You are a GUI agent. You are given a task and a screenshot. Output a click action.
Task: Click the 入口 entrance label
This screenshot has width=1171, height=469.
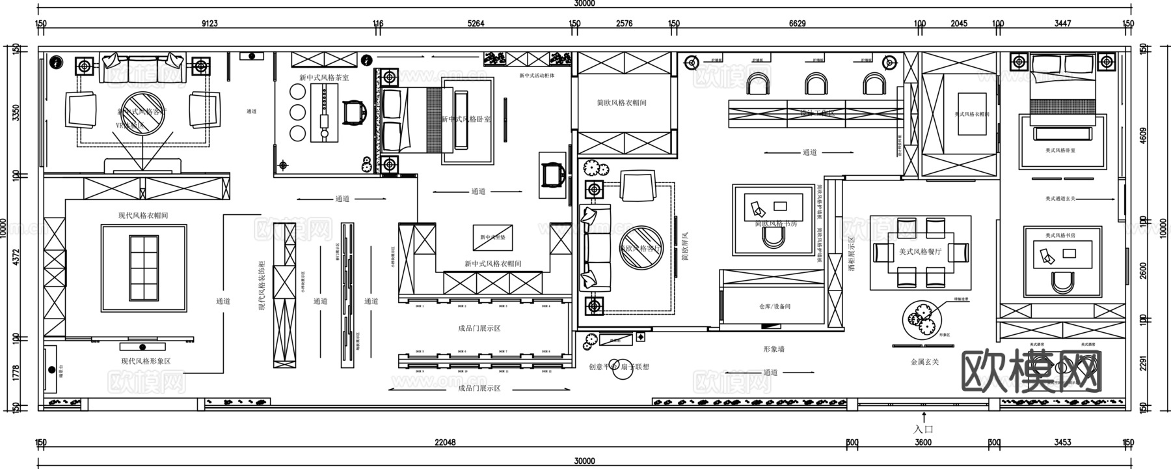[x=923, y=429]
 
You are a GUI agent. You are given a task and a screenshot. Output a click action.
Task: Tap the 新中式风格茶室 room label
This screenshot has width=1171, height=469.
[x=324, y=78]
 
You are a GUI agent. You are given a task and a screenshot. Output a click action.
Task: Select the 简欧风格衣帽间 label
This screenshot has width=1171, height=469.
[x=621, y=103]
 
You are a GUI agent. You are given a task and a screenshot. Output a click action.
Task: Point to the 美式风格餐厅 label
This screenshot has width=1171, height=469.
[x=920, y=252]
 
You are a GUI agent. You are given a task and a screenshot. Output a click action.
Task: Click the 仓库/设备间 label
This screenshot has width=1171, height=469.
[x=774, y=306]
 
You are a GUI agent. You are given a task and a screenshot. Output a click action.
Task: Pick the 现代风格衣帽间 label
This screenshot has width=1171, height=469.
[x=143, y=216]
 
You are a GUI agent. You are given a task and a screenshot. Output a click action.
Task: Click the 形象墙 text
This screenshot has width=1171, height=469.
[x=774, y=349]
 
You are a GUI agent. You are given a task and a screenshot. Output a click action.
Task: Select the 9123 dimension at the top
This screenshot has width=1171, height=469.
[x=209, y=24]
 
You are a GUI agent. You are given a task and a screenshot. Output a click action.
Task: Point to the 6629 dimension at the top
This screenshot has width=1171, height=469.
[x=797, y=24]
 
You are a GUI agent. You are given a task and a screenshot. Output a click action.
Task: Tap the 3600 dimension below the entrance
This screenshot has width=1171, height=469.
[x=922, y=442]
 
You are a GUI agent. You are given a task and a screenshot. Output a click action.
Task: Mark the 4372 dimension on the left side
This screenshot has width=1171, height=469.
[x=16, y=257]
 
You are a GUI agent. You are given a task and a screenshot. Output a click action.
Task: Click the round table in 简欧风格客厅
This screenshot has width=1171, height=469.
[x=641, y=247]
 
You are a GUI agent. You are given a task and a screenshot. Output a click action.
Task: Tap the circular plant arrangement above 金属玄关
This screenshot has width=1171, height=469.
[x=922, y=319]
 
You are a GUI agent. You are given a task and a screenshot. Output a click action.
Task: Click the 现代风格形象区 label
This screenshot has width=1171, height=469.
[x=146, y=361]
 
